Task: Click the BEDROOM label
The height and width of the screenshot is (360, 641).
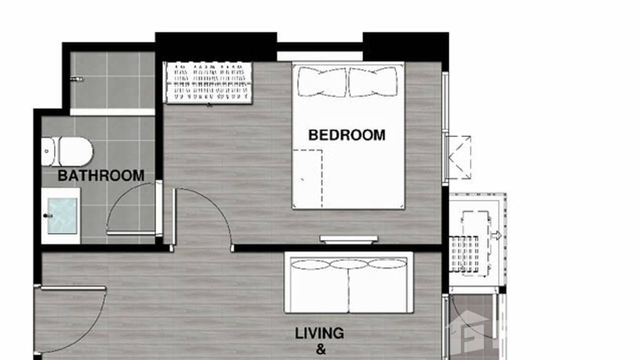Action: pyautogui.click(x=347, y=135)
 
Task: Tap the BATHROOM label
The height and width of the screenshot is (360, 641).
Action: pyautogui.click(x=101, y=176)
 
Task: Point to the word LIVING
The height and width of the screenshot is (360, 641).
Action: pyautogui.click(x=319, y=333)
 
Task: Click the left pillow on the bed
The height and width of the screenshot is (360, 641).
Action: pyautogui.click(x=322, y=82)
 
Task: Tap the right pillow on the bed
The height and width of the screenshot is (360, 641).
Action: pyautogui.click(x=373, y=82)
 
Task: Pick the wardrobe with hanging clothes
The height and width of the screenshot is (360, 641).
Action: pyautogui.click(x=208, y=82)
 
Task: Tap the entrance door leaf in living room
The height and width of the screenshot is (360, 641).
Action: pyautogui.click(x=73, y=288)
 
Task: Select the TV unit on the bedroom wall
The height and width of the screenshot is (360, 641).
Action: pyautogui.click(x=349, y=239)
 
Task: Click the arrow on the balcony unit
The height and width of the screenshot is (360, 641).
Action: pyautogui.click(x=496, y=235)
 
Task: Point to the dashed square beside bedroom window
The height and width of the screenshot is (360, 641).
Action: pyautogui.click(x=459, y=158)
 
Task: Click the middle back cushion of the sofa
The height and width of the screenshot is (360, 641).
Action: pyautogui.click(x=349, y=264)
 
